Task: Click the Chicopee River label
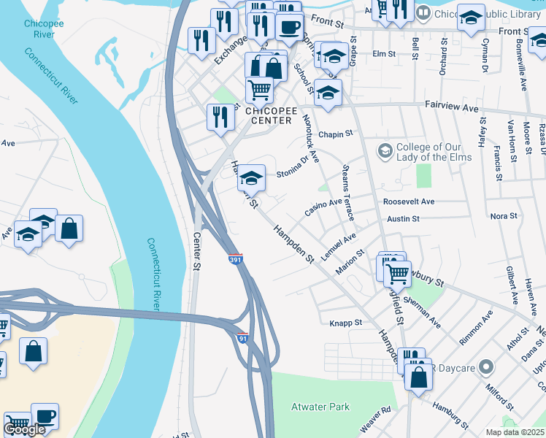pyautogui.click(x=39, y=28)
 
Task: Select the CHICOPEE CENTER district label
pyautogui.click(x=271, y=115)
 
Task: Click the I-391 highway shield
pyautogui.click(x=234, y=260)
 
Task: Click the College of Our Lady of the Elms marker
pyautogui.click(x=384, y=151)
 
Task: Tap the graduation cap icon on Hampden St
pyautogui.click(x=251, y=177)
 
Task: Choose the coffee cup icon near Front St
pyautogui.click(x=288, y=28)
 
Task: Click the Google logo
pyautogui.click(x=24, y=429)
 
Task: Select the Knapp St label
pyautogui.click(x=345, y=323)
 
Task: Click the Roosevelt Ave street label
pyautogui.click(x=408, y=201)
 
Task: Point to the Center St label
pyautogui.click(x=196, y=251)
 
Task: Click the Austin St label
pyautogui.click(x=403, y=218)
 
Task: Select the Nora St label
pyautogui.click(x=504, y=216)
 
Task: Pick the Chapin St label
pyautogui.click(x=335, y=134)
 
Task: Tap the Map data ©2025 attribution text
pyautogui.click(x=515, y=432)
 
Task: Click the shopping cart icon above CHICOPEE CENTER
pyautogui.click(x=259, y=90)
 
